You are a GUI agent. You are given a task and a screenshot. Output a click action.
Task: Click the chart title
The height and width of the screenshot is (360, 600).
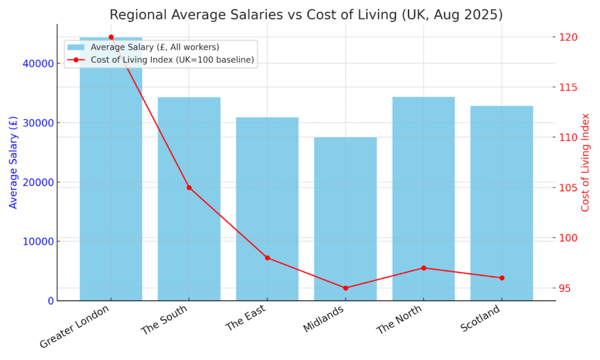pyautogui.click(x=306, y=14)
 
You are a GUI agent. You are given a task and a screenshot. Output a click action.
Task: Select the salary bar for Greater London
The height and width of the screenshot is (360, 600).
pyautogui.click(x=111, y=176)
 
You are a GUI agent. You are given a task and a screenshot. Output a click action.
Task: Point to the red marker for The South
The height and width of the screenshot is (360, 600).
pyautogui.click(x=189, y=188)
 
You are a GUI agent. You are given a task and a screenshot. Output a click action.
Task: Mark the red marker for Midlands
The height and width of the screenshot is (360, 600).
pyautogui.click(x=345, y=288)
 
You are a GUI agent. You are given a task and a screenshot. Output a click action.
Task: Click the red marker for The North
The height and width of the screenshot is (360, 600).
pyautogui.click(x=424, y=268)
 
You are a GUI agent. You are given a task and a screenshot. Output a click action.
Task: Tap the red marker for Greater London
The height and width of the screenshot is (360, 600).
pyautogui.click(x=111, y=37)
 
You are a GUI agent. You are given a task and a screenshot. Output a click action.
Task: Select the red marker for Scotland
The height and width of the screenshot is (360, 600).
pyautogui.click(x=502, y=278)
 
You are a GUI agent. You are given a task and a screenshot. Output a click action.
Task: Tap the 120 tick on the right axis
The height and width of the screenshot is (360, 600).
pyautogui.click(x=568, y=37)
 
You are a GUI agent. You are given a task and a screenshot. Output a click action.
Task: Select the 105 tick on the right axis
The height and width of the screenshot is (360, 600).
pyautogui.click(x=568, y=188)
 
